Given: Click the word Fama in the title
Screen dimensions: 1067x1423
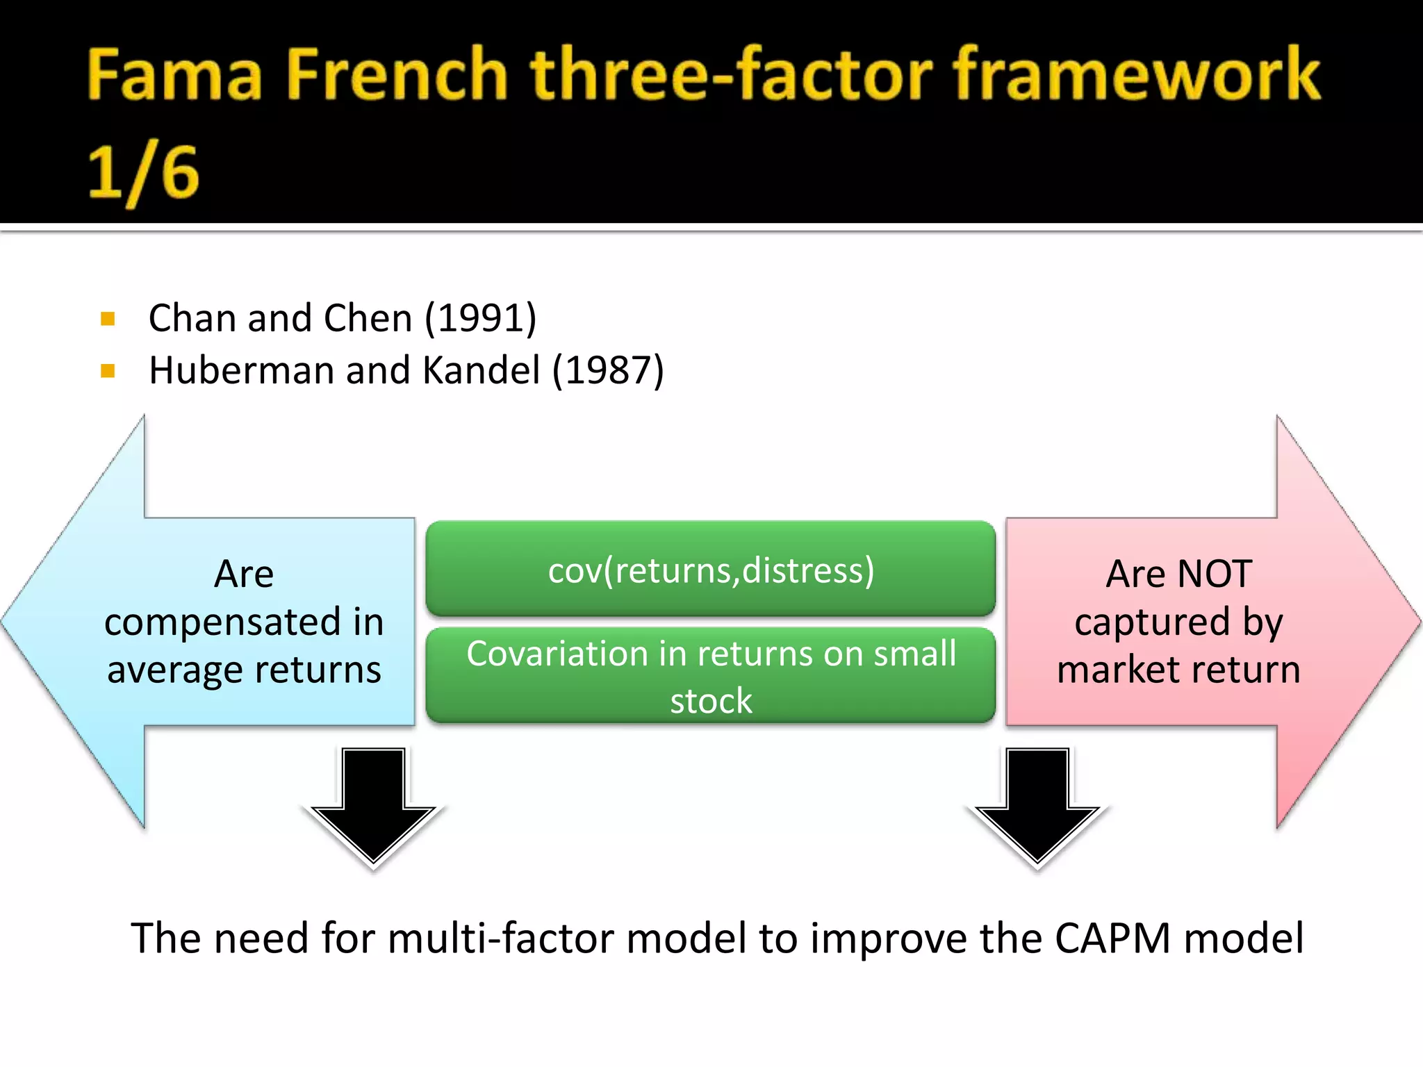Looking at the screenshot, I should tap(174, 75).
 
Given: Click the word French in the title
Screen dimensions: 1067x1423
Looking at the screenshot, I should tap(397, 75).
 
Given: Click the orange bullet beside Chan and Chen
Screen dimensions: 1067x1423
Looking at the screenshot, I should tap(108, 319).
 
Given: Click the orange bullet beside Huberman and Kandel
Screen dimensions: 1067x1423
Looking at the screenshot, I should tap(108, 371).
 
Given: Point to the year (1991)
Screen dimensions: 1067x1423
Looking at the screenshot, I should tap(480, 319).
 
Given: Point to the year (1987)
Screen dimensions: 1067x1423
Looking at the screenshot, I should tap(608, 371).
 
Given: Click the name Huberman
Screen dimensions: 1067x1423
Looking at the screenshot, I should tap(242, 371).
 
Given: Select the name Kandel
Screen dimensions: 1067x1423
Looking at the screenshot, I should tap(481, 371).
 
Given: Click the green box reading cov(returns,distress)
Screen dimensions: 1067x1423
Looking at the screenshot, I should tap(711, 570).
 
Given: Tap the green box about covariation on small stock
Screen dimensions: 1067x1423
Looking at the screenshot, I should tap(711, 676).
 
